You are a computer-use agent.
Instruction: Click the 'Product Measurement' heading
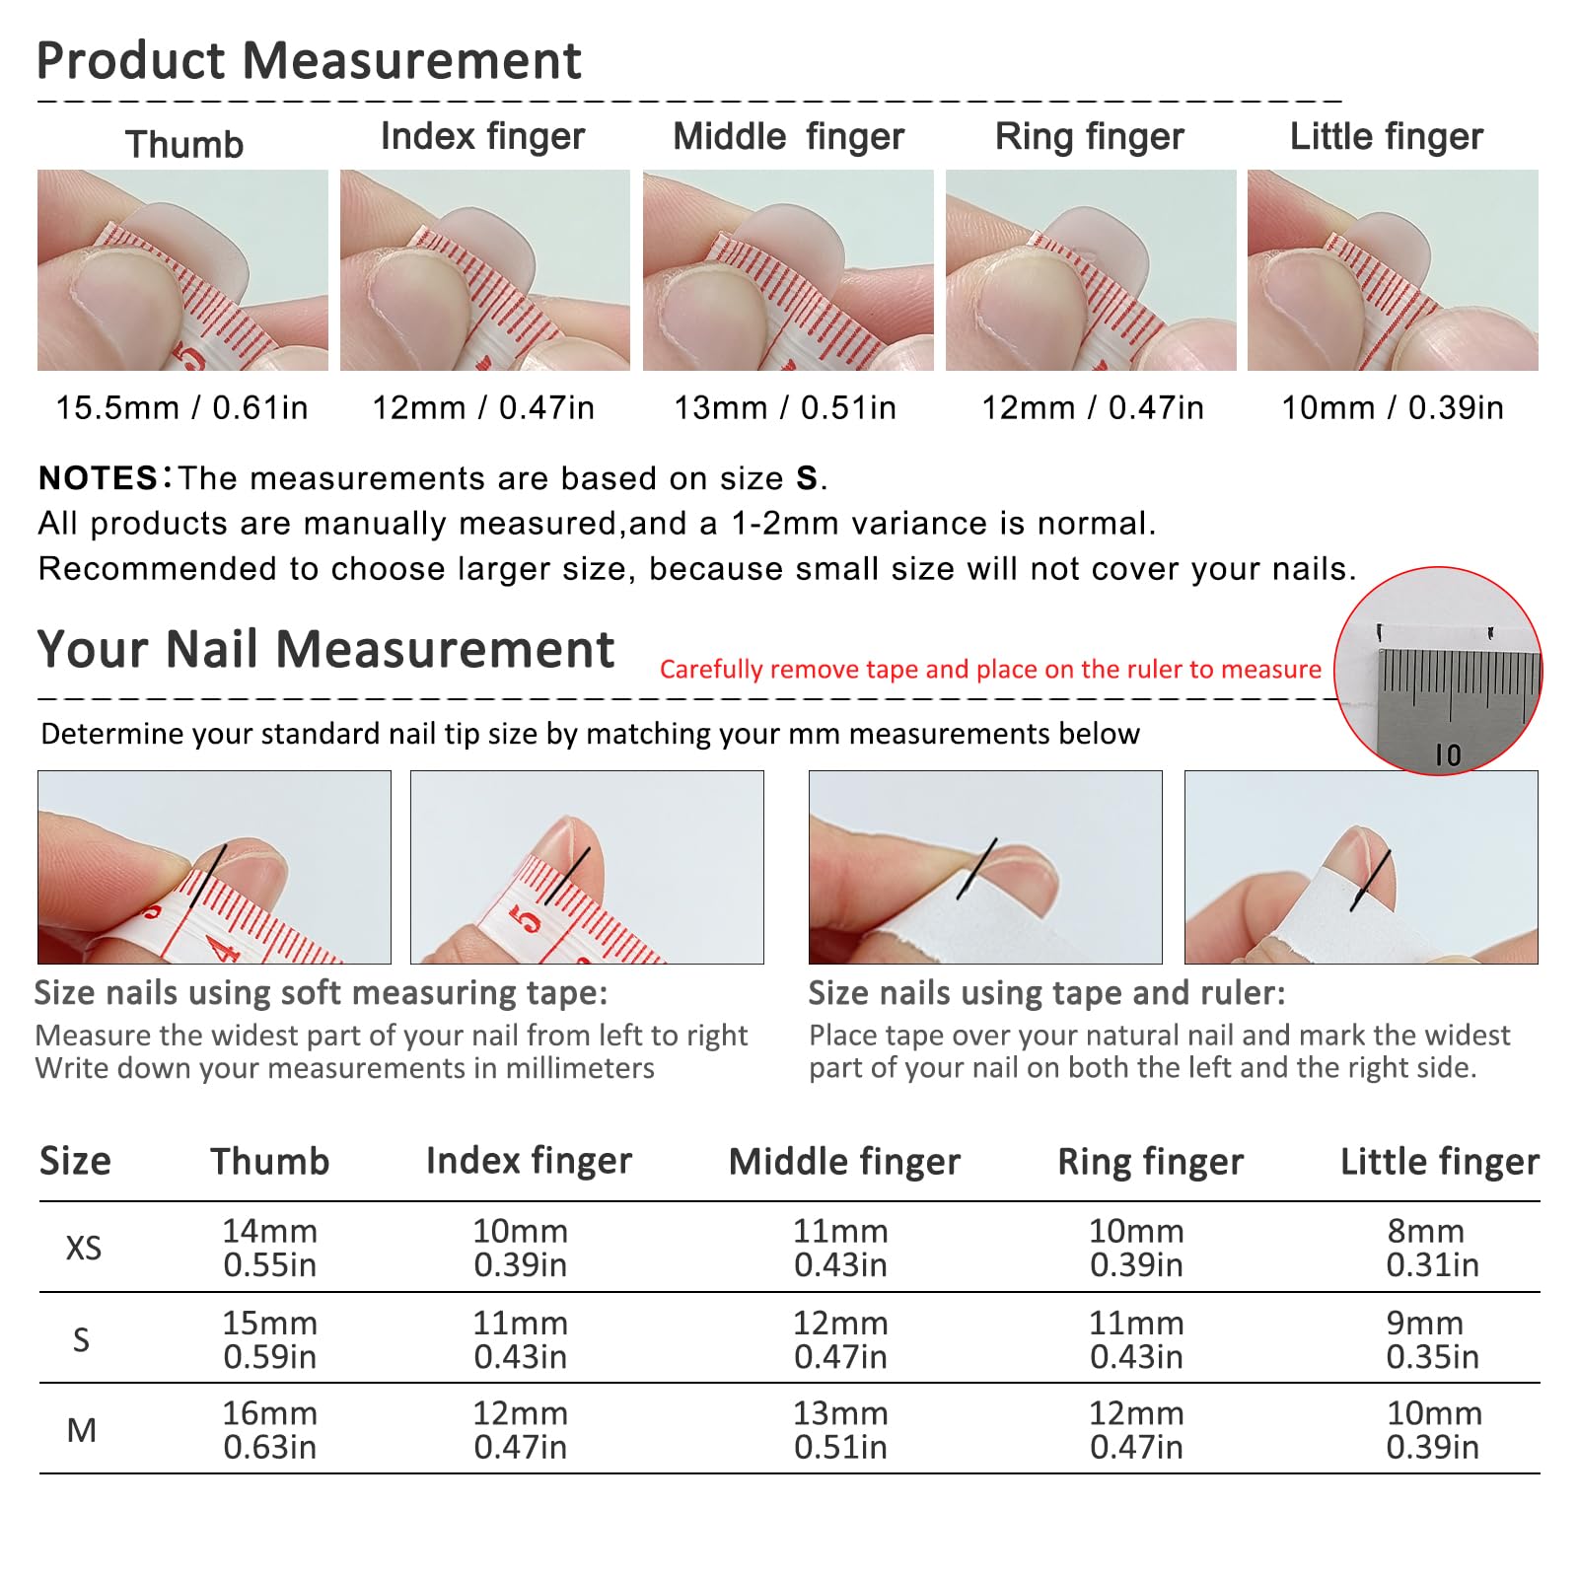tap(309, 60)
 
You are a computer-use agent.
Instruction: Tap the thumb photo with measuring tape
tap(182, 270)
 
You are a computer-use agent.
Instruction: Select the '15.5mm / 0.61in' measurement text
tap(181, 407)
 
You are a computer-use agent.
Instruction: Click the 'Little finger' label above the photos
tap(1386, 136)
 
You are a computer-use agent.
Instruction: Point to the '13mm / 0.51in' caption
tap(785, 407)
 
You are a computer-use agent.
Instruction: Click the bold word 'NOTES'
tap(98, 478)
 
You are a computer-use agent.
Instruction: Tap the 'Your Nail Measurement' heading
tap(325, 649)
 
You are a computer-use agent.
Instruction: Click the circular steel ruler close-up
tap(1438, 671)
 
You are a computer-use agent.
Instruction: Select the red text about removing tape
tap(990, 670)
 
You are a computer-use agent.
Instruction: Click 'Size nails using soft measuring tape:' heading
tap(321, 992)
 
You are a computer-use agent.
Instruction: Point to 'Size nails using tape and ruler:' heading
tap(1047, 992)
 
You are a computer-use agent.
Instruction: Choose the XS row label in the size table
tap(83, 1248)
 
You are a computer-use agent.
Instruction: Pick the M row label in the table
tap(82, 1430)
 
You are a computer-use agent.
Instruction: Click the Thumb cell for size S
tap(270, 1339)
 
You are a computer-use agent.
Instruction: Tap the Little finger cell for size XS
tap(1432, 1248)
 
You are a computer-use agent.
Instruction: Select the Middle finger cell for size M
tap(840, 1430)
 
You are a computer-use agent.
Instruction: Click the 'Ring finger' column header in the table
tap(1150, 1162)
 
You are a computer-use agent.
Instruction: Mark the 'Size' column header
tap(75, 1161)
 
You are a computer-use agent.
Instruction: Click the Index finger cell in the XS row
tap(521, 1248)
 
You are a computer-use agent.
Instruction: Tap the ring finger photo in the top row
tap(1091, 270)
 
